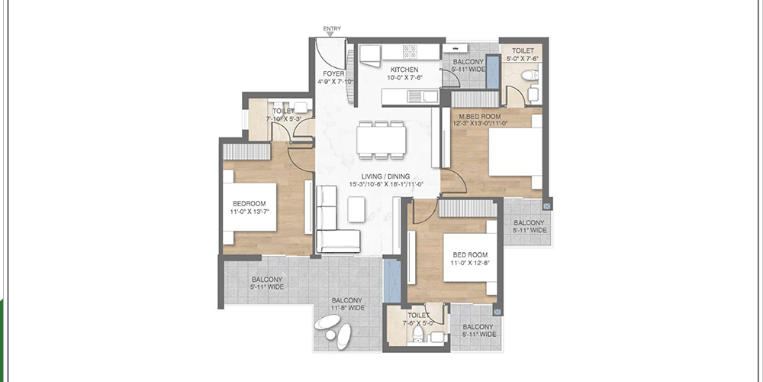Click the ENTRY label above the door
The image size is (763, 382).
tap(332, 29)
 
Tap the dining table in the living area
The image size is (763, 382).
tap(381, 139)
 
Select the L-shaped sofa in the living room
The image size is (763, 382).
tap(330, 222)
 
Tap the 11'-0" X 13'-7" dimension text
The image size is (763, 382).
tap(252, 212)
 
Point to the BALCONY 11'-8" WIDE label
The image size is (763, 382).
tap(346, 303)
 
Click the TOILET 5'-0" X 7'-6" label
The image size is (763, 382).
tap(523, 53)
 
